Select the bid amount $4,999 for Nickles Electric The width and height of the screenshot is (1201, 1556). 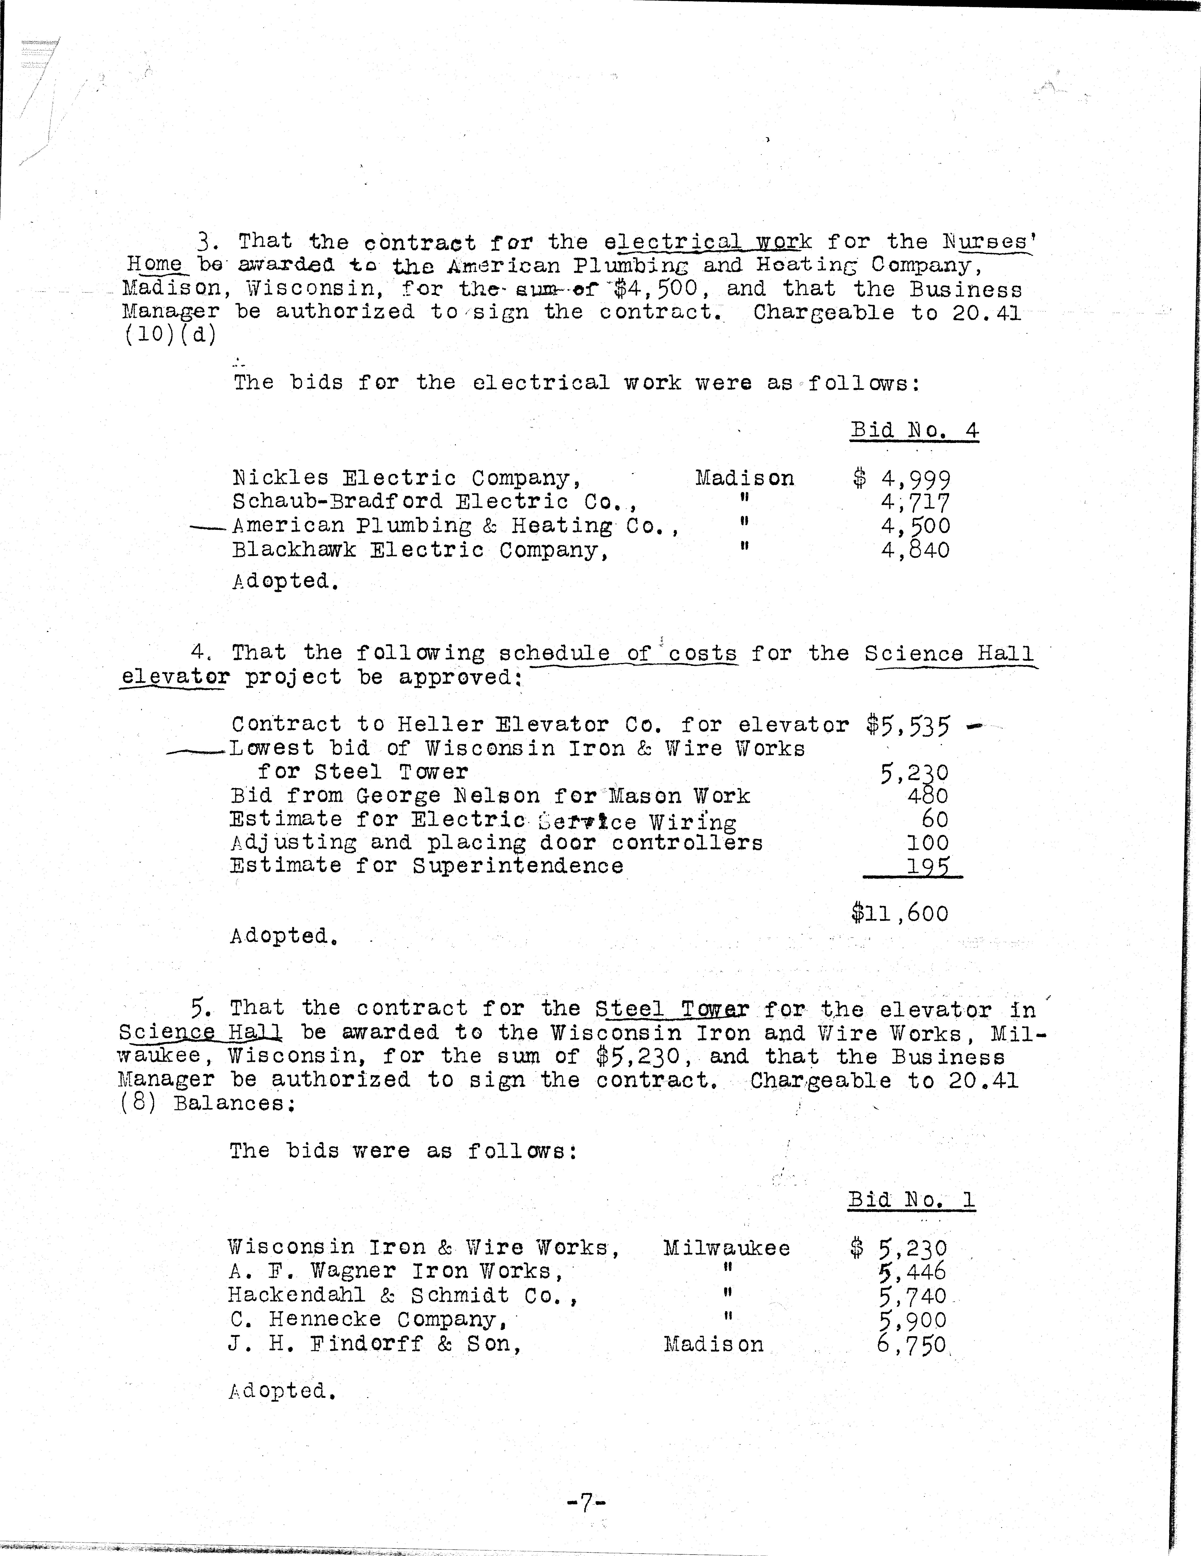pos(902,479)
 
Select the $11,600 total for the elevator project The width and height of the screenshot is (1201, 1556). pos(900,913)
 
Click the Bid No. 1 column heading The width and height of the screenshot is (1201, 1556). pos(911,1200)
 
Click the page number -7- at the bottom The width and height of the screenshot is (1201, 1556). pos(586,1503)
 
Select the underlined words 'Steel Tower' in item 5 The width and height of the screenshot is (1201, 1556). pos(672,1009)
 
